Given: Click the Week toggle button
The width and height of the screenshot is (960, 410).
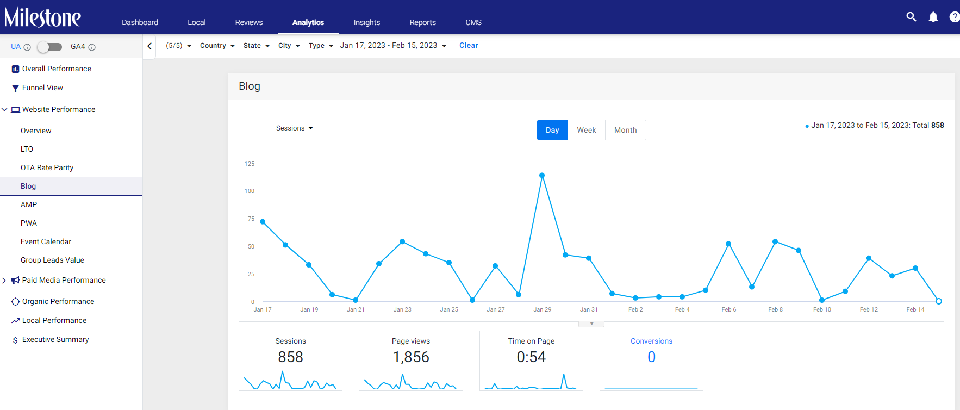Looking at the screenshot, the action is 587,130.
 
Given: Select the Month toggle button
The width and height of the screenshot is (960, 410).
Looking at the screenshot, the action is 625,130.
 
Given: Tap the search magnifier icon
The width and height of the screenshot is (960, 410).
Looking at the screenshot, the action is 912,17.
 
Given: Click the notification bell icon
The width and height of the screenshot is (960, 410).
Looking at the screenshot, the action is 933,17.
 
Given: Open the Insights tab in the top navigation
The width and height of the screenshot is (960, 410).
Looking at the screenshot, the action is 367,22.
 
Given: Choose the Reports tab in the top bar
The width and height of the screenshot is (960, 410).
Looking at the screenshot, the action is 423,22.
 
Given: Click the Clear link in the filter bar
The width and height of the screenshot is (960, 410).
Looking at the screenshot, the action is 469,45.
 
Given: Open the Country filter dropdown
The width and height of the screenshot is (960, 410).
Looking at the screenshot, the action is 217,46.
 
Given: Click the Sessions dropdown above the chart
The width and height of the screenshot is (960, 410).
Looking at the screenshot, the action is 295,128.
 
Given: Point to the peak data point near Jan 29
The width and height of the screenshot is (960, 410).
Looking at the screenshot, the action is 542,175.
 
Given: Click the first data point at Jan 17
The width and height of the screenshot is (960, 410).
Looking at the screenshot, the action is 263,222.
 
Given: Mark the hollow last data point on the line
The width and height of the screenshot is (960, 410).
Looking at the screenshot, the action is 939,301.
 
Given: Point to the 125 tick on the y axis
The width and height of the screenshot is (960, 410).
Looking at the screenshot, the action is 250,164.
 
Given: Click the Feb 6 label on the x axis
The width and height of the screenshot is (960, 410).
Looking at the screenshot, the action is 729,309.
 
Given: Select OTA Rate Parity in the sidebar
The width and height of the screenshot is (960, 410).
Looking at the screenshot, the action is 47,167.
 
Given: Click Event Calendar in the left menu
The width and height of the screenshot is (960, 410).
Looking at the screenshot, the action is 46,241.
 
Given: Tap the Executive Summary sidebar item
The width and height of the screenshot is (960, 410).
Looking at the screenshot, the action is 55,339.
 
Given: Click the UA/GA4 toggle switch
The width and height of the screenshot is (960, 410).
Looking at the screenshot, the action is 49,47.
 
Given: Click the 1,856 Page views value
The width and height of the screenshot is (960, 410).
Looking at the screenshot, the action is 411,357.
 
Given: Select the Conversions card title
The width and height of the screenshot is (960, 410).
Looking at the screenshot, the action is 651,341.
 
